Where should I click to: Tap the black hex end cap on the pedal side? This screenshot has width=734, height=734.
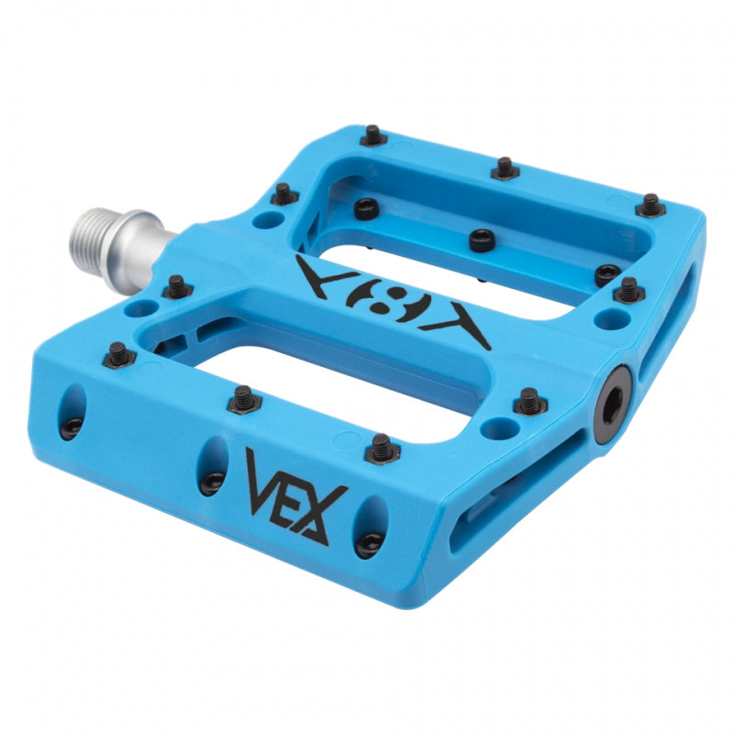click(x=612, y=405)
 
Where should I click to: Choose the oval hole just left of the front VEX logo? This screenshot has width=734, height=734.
click(x=213, y=466)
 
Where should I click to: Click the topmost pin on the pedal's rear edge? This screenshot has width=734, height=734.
click(x=373, y=135)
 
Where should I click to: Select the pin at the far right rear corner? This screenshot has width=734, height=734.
click(x=650, y=205)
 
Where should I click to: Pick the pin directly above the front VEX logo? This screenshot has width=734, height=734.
click(x=382, y=448)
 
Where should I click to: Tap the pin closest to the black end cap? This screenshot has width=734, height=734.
click(x=529, y=400)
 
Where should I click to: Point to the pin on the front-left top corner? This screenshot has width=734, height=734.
click(x=118, y=353)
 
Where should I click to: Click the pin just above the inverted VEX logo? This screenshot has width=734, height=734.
click(x=482, y=239)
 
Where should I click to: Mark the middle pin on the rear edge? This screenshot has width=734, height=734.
click(x=505, y=168)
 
